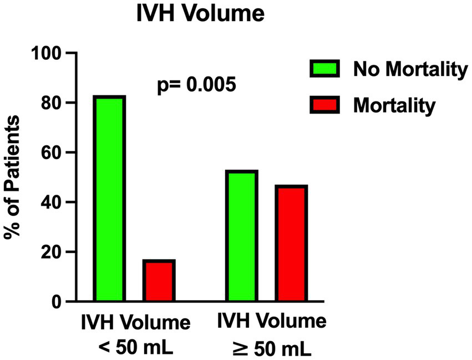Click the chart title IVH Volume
(x=200, y=14)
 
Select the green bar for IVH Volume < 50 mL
(x=109, y=199)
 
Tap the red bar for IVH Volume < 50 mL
(x=159, y=281)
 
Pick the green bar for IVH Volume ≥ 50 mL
(x=241, y=236)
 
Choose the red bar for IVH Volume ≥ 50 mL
(x=290, y=244)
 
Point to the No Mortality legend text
(x=408, y=70)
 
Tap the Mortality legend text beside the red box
(x=393, y=105)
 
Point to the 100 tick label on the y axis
(x=48, y=54)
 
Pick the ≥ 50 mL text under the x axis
(x=271, y=348)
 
